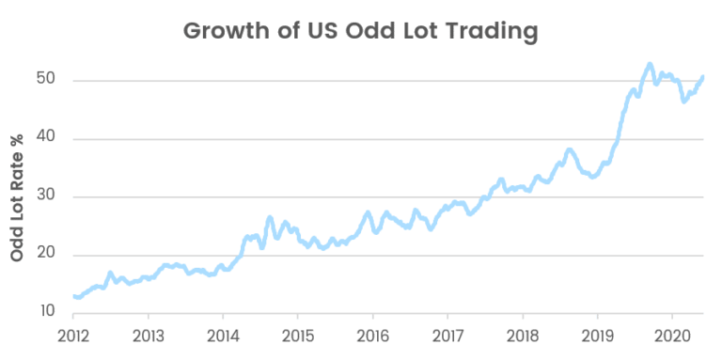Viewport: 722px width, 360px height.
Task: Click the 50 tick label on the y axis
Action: (x=52, y=81)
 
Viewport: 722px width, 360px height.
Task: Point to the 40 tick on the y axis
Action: (x=52, y=139)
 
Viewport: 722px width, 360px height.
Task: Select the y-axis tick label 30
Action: (x=52, y=196)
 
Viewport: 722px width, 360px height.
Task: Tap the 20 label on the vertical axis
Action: (x=52, y=255)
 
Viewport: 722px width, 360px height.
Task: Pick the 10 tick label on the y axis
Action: (x=52, y=312)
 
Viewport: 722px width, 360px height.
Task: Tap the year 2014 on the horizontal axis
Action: (x=223, y=334)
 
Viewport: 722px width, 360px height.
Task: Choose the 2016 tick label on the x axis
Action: (x=374, y=334)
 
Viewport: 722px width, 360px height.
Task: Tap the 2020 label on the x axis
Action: (x=673, y=334)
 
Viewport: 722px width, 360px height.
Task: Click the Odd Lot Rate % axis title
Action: (x=15, y=196)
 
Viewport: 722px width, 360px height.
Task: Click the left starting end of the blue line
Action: (x=73, y=296)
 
